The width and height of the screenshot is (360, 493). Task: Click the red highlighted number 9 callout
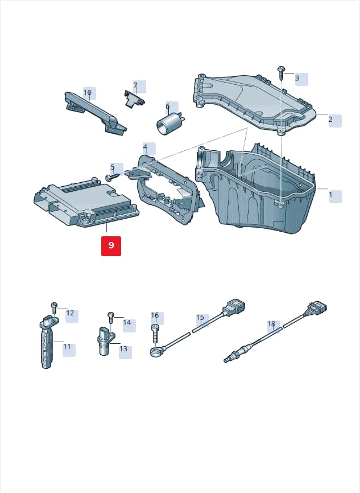(111, 245)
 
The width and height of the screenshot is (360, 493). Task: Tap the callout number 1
(330, 195)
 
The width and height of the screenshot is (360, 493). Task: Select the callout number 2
(330, 120)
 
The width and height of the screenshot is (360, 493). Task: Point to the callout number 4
(145, 147)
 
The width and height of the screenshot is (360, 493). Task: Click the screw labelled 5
(113, 176)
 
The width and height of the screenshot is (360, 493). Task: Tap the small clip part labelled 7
(134, 98)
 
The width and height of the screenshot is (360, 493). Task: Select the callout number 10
(88, 93)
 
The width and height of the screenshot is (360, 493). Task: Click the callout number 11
(67, 347)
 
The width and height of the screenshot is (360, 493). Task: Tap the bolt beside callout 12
(54, 308)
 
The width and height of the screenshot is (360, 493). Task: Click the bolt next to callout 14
(110, 318)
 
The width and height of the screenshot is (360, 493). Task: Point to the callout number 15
(200, 318)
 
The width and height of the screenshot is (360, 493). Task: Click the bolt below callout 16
(155, 334)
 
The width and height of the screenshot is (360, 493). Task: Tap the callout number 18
(271, 323)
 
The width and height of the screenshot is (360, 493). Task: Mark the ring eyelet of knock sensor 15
(155, 351)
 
